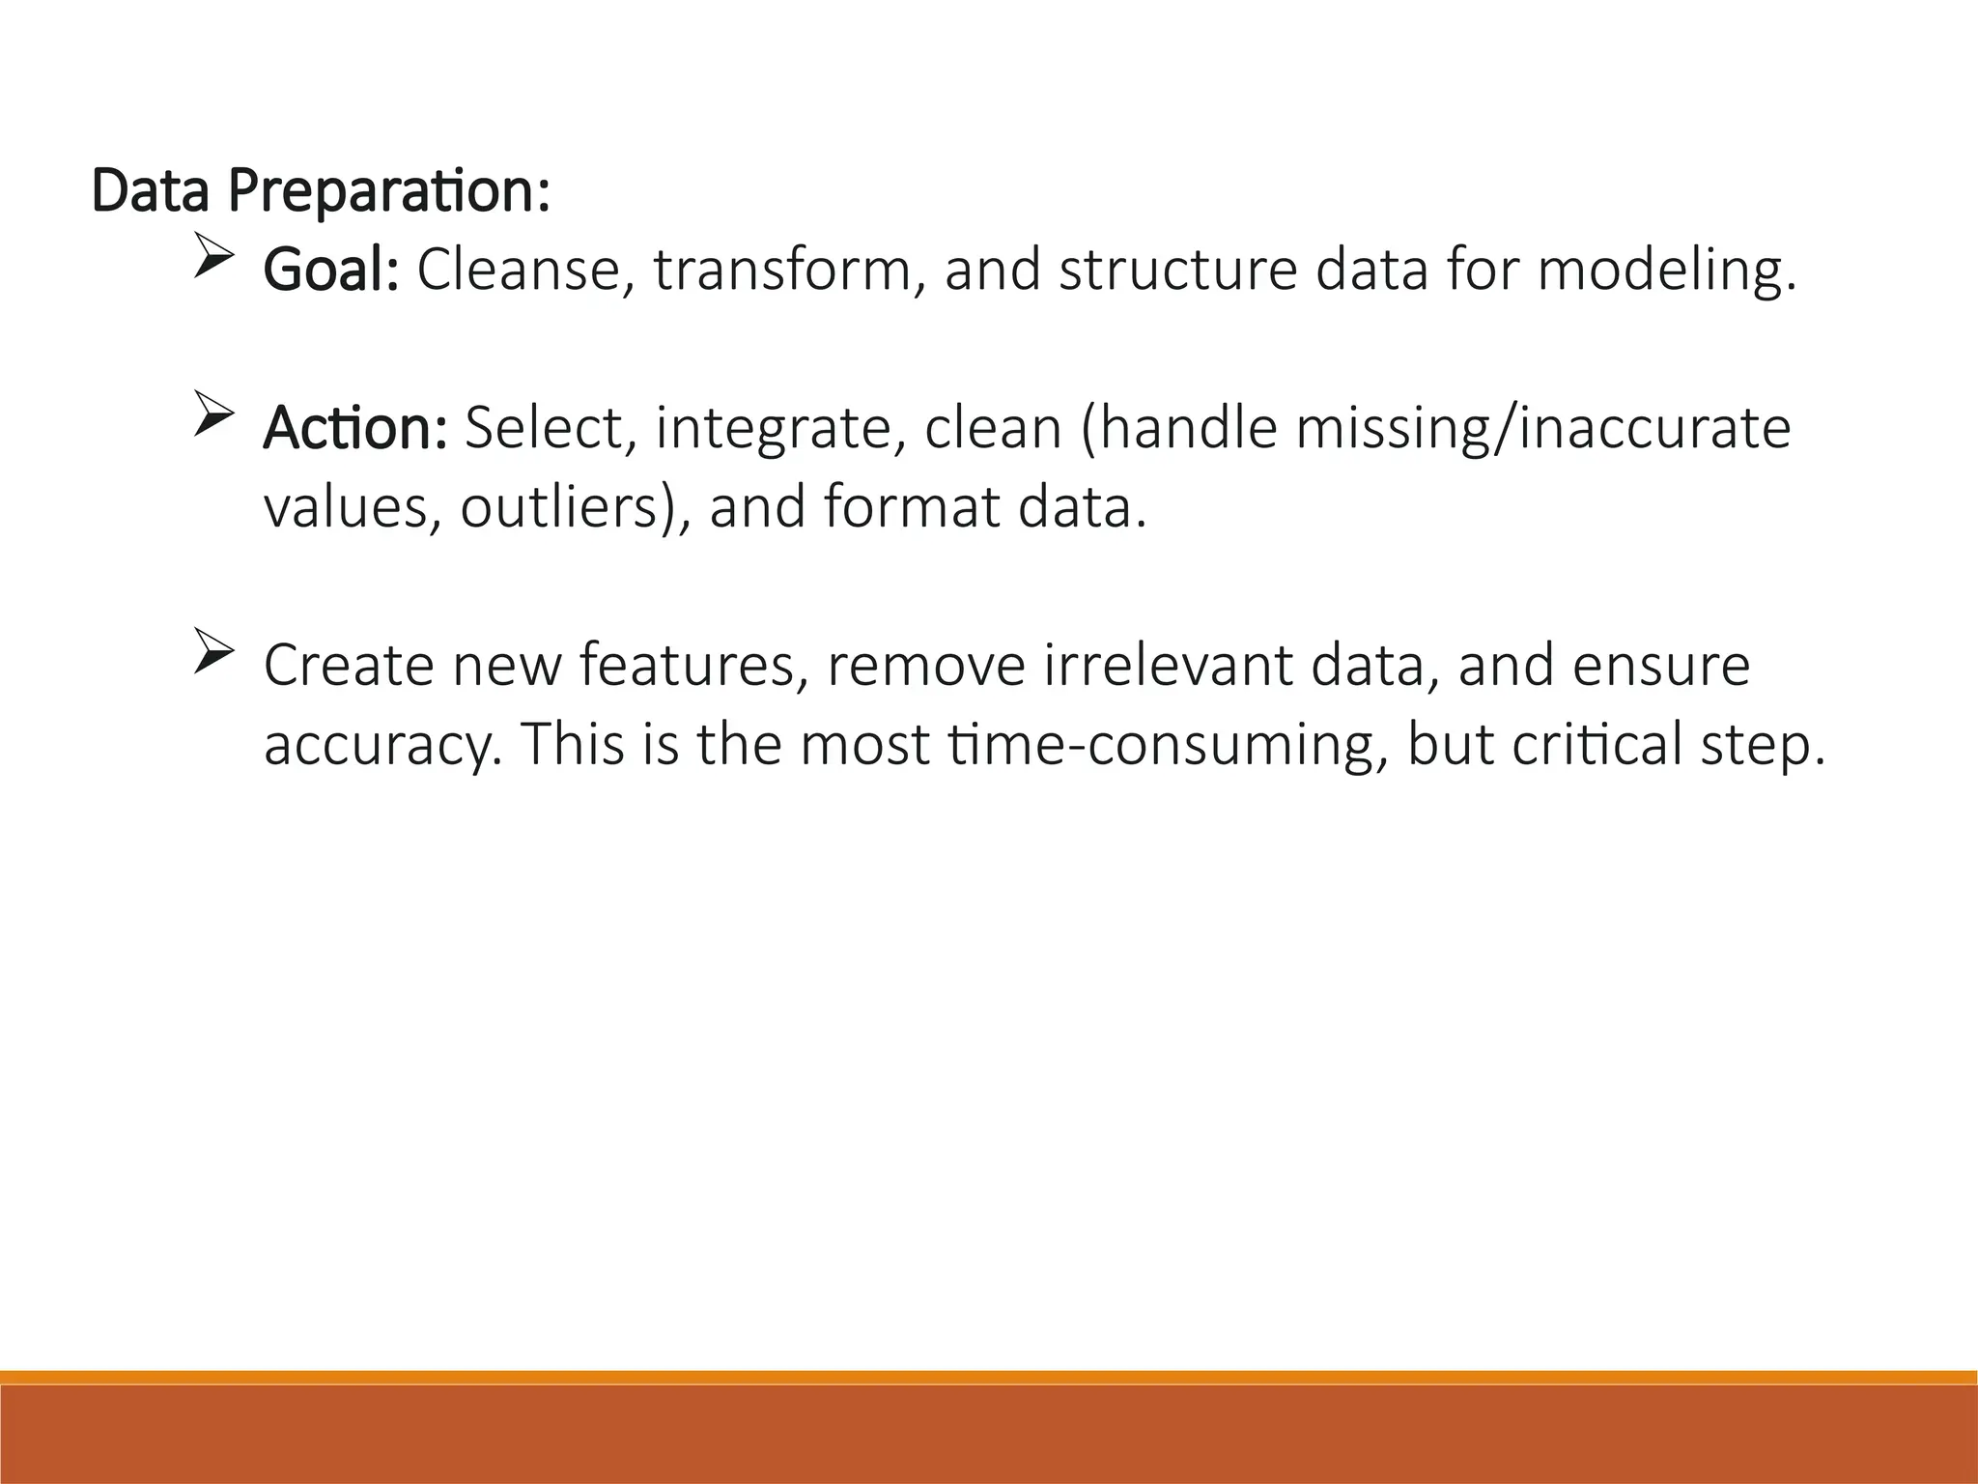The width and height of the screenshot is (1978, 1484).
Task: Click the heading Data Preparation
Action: [321, 192]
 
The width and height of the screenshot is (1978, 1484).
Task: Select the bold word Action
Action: [354, 429]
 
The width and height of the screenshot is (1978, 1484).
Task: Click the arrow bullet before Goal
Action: [213, 255]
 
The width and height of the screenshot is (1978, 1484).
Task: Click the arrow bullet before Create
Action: [213, 650]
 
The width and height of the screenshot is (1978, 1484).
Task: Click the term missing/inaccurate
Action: [1542, 429]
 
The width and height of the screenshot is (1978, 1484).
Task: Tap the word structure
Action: [1178, 271]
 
